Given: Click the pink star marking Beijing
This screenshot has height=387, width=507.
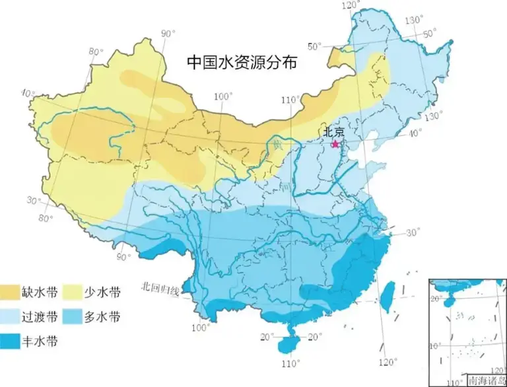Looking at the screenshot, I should [x=335, y=143].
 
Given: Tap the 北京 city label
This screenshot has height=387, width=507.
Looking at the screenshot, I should [x=334, y=132].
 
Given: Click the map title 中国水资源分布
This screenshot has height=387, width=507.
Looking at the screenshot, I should [x=242, y=63].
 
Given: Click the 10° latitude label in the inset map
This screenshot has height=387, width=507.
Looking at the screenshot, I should [x=434, y=346].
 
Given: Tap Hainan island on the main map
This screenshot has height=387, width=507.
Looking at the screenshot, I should [x=288, y=344].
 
